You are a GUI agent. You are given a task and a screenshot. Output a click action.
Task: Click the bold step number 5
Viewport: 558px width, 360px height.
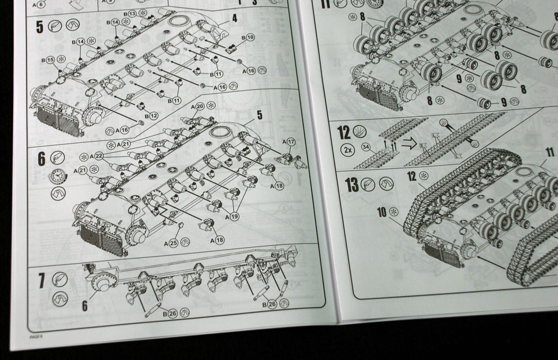39,26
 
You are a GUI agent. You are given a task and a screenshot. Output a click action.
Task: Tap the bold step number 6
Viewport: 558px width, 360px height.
41,159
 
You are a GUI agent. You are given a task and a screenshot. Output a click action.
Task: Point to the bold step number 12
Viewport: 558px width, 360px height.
344,132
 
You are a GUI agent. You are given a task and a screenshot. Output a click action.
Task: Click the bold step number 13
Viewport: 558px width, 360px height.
352,185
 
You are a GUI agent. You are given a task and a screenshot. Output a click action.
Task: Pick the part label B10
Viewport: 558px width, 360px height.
248,37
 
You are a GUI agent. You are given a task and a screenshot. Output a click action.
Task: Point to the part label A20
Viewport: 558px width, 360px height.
197,106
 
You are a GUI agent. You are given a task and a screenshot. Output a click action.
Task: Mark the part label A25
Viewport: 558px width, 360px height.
170,243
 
